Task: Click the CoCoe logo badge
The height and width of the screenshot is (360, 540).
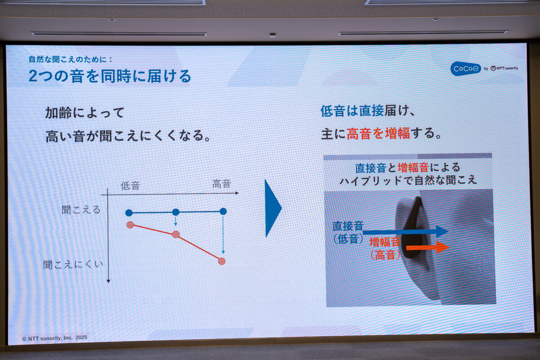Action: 465,69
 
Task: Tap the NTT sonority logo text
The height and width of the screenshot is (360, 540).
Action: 504,68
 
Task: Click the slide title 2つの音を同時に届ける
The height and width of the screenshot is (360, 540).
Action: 110,76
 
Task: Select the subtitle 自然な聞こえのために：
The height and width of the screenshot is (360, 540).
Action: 70,59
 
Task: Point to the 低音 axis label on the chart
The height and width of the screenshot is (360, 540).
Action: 130,186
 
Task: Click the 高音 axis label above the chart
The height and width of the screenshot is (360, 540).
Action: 221,184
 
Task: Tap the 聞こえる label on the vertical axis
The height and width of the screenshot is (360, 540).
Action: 81,210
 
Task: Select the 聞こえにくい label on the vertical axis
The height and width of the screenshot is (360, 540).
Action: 73,265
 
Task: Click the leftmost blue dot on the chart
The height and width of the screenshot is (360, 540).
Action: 129,213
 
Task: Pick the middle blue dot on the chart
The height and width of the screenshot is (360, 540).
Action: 176,212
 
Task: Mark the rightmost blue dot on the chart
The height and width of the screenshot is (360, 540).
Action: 223,211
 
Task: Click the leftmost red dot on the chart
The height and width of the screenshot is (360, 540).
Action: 130,225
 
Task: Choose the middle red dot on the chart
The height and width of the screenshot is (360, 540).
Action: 176,234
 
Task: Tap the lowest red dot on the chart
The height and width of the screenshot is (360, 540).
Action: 222,261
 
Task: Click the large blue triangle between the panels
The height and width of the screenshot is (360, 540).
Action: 273,208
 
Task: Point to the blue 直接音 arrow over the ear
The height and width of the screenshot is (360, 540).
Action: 405,232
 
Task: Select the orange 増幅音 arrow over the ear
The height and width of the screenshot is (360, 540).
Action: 427,247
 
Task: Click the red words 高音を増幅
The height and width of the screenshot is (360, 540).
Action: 378,134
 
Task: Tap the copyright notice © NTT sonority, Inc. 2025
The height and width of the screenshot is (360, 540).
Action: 55,338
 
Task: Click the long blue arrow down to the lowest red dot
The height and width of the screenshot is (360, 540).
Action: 223,235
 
